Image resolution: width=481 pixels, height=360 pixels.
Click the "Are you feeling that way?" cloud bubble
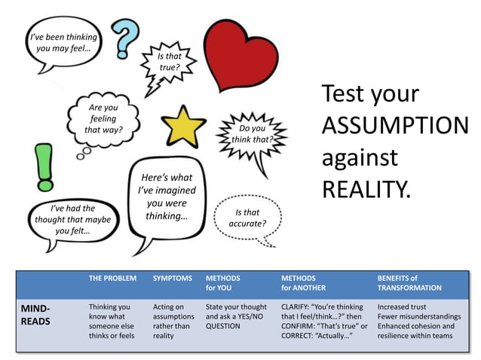(103, 119)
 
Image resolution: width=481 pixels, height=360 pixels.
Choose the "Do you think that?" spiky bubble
(250, 134)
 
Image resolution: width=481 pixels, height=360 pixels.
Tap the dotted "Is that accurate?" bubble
(247, 218)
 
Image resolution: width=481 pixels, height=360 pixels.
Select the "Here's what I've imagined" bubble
(167, 197)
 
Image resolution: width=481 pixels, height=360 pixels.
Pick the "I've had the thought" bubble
(72, 219)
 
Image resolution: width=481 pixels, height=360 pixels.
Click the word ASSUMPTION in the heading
(394, 126)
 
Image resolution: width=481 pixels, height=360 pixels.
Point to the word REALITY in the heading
(367, 188)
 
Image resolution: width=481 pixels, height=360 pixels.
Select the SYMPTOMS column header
(173, 278)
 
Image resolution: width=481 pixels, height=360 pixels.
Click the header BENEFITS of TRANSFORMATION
(409, 282)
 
